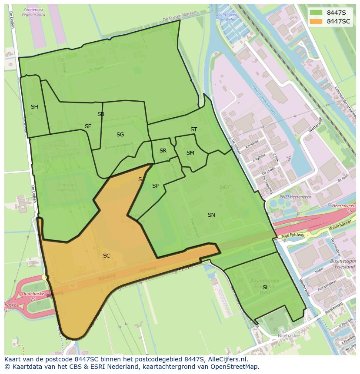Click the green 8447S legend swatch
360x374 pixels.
pyautogui.click(x=317, y=13)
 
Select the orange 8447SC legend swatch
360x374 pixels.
pyautogui.click(x=317, y=21)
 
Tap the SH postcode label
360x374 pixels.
pyautogui.click(x=34, y=107)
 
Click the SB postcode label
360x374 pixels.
pyautogui.click(x=101, y=114)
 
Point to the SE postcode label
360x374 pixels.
pyautogui.click(x=88, y=126)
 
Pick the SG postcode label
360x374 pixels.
pyautogui.click(x=120, y=135)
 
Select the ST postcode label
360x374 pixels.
pyautogui.click(x=193, y=129)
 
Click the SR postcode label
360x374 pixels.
pyautogui.click(x=163, y=151)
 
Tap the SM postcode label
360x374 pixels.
pyautogui.click(x=190, y=153)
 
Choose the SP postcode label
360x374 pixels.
pyautogui.click(x=155, y=186)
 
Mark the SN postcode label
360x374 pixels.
pyautogui.click(x=211, y=215)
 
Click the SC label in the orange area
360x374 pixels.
pyautogui.click(x=107, y=256)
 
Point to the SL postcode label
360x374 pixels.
pyautogui.click(x=266, y=288)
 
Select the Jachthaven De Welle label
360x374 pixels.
pyautogui.click(x=227, y=17)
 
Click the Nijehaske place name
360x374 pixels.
pyautogui.click(x=288, y=336)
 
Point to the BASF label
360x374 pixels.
pyautogui.click(x=225, y=187)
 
